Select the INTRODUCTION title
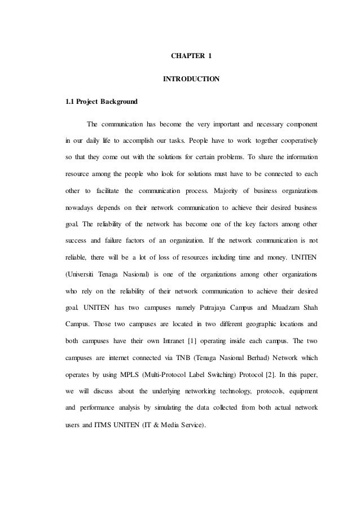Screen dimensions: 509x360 191,80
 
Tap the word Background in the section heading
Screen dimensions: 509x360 118,102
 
